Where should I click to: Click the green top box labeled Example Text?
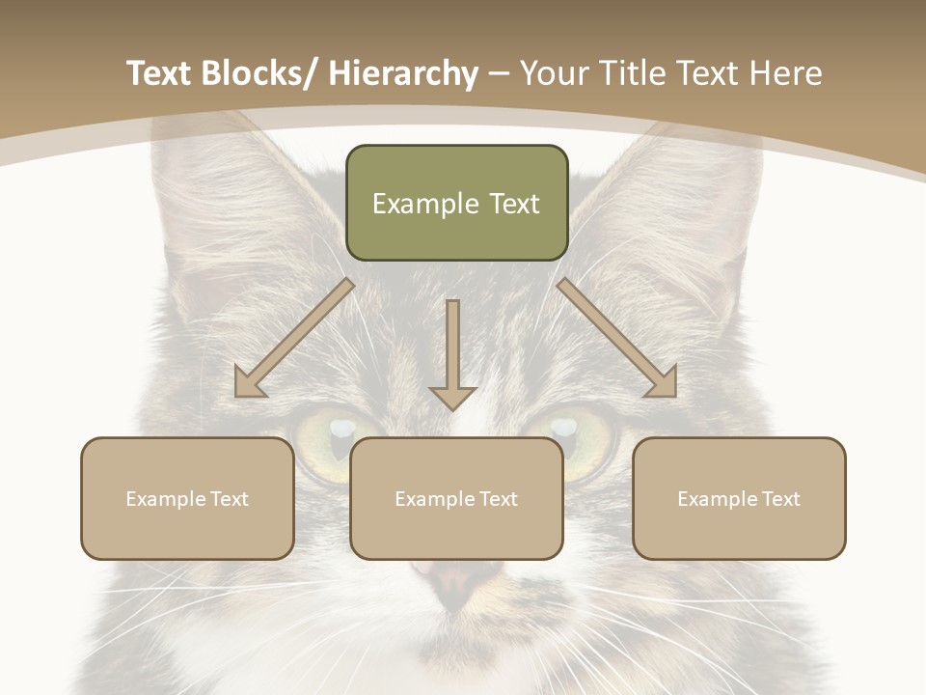pos(456,203)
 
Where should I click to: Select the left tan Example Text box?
pos(187,498)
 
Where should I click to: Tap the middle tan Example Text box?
pos(456,498)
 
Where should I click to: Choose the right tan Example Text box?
pos(739,498)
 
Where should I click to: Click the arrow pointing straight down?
pos(452,355)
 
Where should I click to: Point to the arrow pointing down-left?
pos(294,339)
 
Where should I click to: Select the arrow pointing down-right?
pos(617,339)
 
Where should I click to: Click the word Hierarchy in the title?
pos(403,73)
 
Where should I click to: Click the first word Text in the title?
pos(161,73)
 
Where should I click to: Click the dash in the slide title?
pos(499,74)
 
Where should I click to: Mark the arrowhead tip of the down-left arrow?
pos(237,395)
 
